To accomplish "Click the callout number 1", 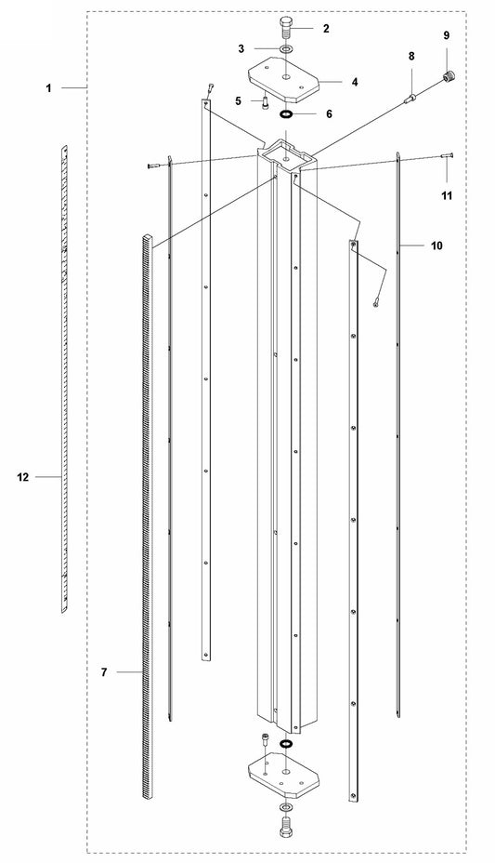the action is (48, 87).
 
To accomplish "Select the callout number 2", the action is (326, 29).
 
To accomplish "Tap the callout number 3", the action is (241, 49).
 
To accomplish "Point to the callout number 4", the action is (355, 82).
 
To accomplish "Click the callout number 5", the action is (239, 100).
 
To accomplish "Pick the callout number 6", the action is (329, 114).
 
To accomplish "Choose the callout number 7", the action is (104, 672).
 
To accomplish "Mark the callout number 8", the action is (410, 56).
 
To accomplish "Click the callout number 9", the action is (446, 35).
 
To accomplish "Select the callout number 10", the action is (436, 246).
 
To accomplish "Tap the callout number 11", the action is (448, 195).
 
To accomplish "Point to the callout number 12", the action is (22, 477).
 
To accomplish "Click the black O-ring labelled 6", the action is (286, 114).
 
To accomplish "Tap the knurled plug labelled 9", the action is (449, 75).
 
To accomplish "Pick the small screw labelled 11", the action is (446, 156).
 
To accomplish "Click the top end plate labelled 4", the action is (283, 78).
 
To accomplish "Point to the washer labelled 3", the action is (286, 49).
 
